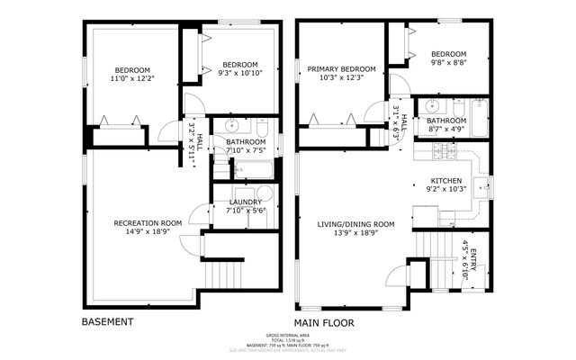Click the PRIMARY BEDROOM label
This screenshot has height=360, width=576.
tap(341, 69)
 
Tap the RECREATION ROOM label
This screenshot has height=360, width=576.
tap(148, 222)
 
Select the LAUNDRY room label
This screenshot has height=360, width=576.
tap(245, 202)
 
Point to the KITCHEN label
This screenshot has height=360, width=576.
tap(445, 180)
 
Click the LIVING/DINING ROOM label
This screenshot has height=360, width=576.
tap(355, 224)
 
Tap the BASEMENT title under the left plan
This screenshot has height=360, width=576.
tap(108, 321)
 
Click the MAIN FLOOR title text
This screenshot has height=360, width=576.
tap(324, 322)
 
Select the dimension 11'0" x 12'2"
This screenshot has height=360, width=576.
tap(131, 79)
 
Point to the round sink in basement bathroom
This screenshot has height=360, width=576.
tap(231, 125)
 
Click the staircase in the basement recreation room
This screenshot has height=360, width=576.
tap(222, 272)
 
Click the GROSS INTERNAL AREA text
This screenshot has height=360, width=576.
tap(287, 334)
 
